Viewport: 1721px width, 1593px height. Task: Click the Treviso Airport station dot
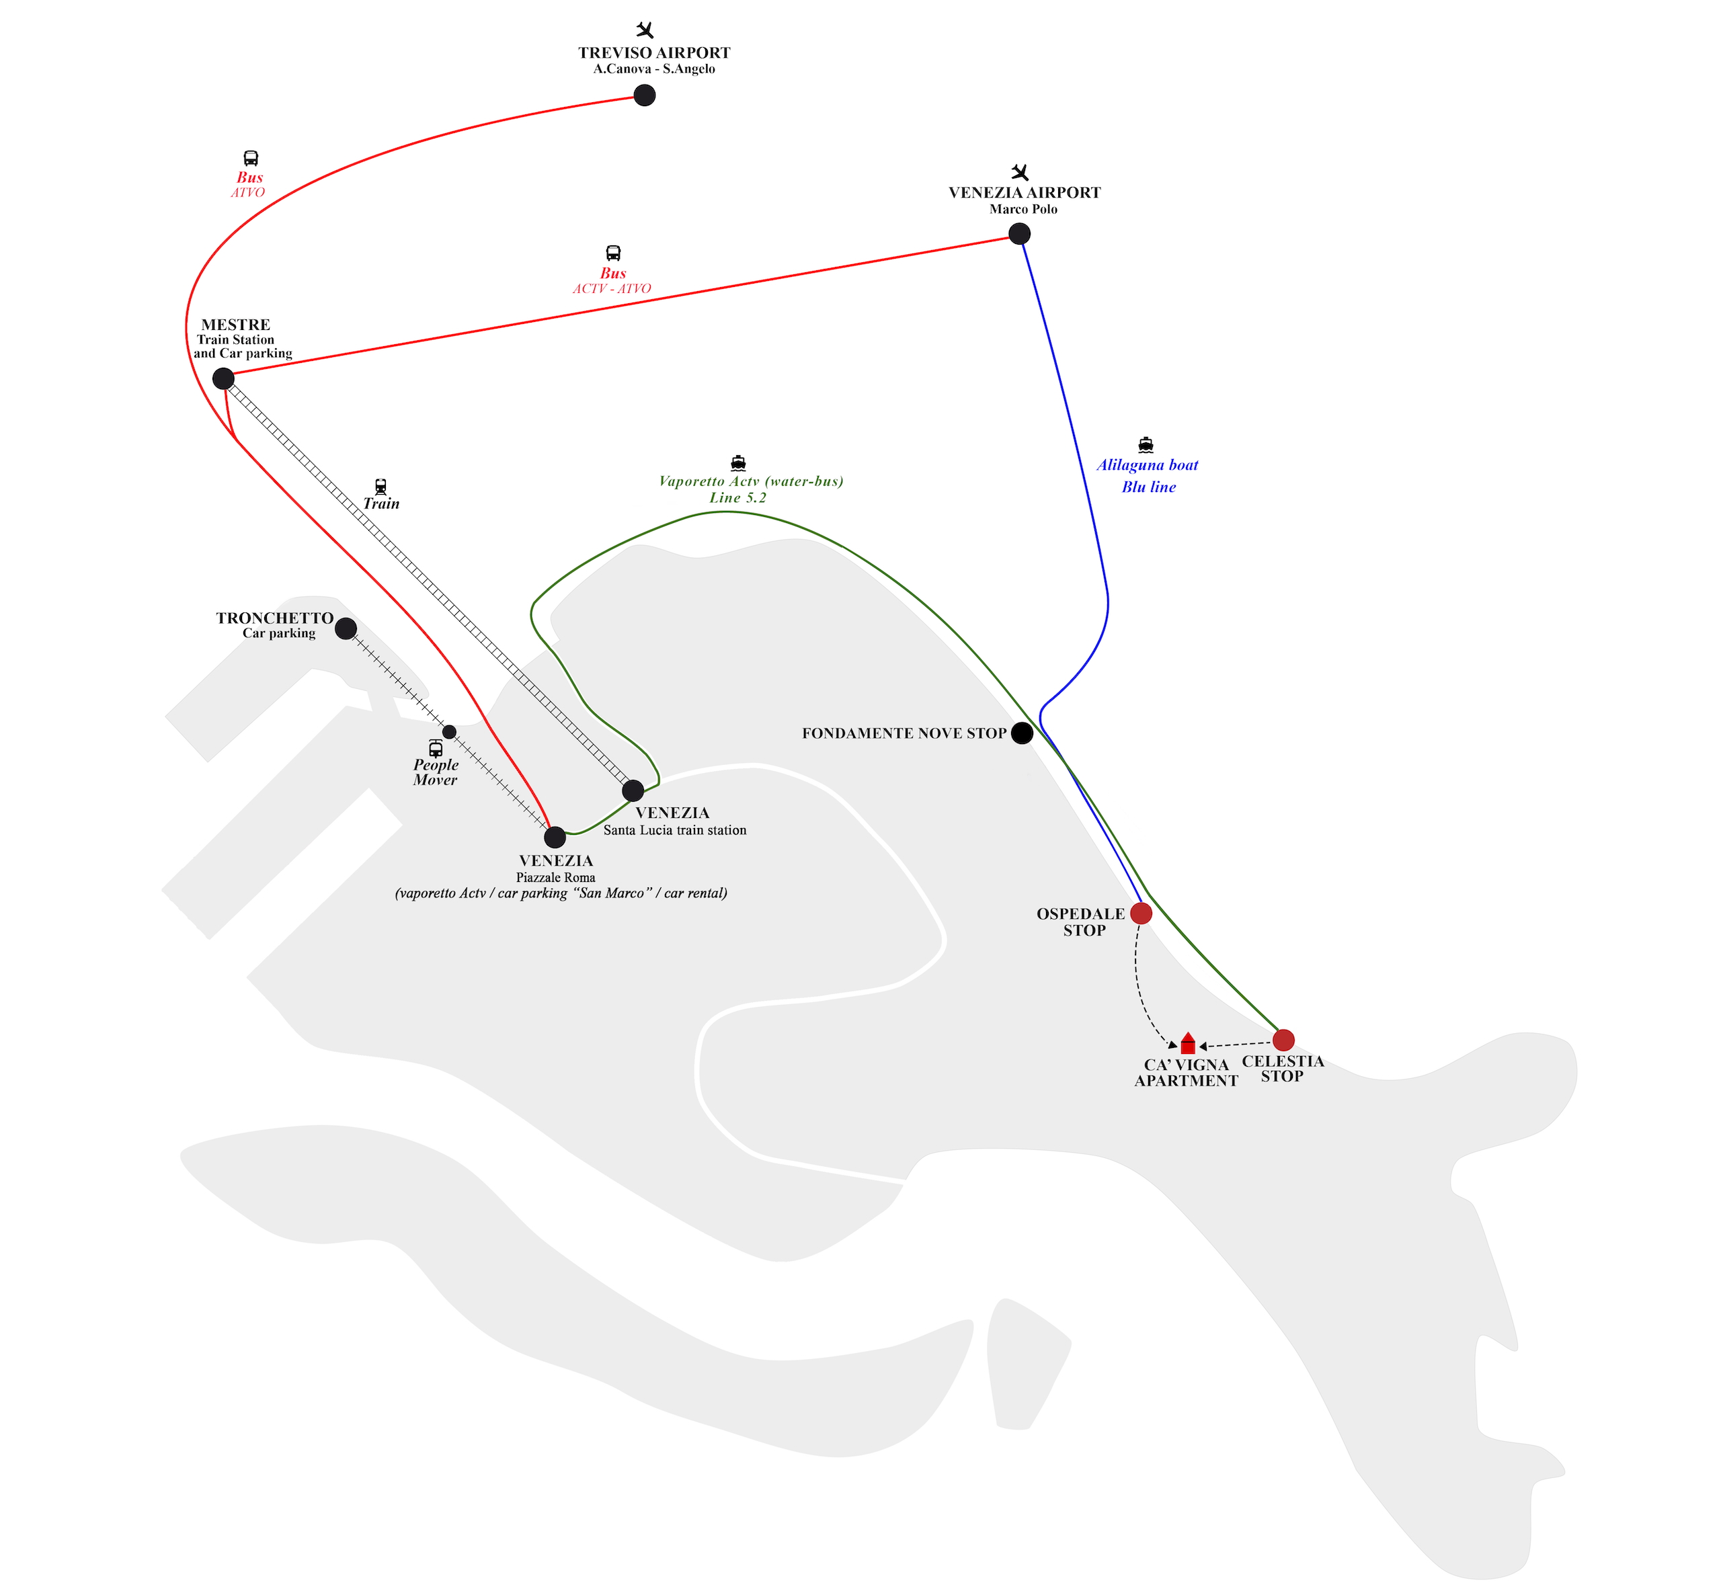(x=644, y=95)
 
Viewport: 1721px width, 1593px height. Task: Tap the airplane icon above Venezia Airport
(x=1020, y=172)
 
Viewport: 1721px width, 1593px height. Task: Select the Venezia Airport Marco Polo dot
(x=1019, y=234)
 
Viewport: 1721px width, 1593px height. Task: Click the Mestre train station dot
(x=223, y=378)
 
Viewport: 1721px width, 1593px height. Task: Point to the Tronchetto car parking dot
(x=346, y=628)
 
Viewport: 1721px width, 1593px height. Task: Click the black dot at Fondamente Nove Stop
(x=1022, y=733)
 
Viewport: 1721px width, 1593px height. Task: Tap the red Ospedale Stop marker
(x=1141, y=913)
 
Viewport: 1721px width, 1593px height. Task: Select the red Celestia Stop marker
(x=1283, y=1040)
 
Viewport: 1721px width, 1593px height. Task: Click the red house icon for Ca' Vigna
(x=1188, y=1043)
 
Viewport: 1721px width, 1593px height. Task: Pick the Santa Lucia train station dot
(x=633, y=790)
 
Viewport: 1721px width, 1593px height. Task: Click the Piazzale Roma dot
(x=555, y=837)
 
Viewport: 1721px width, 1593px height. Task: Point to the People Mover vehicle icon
(x=436, y=748)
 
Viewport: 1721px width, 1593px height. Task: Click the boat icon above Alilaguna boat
(x=1145, y=445)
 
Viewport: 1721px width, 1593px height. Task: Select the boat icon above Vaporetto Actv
(x=738, y=463)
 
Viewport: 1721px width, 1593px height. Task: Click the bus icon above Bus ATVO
(x=251, y=159)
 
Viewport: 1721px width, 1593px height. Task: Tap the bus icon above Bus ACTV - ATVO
(x=613, y=253)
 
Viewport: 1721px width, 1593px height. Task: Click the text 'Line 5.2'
(x=737, y=498)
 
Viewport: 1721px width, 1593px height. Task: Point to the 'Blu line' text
(x=1148, y=487)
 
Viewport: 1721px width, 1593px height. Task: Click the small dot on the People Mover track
(x=449, y=732)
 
